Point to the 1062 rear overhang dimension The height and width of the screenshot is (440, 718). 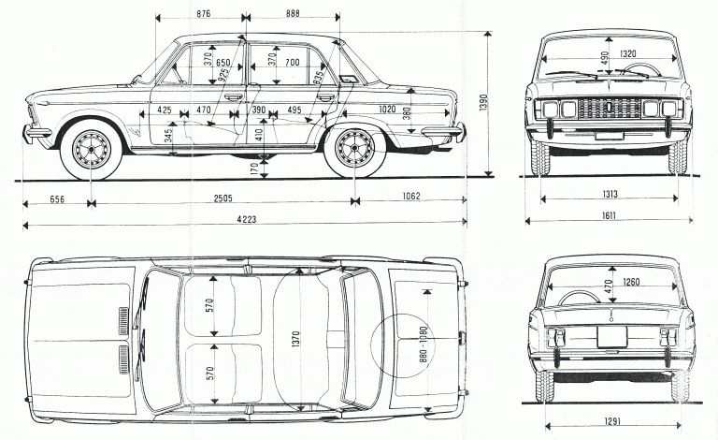(x=407, y=197)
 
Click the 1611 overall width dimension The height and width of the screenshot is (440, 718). (x=609, y=215)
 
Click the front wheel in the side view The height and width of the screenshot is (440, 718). (x=93, y=148)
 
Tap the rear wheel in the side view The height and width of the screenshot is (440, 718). (x=353, y=148)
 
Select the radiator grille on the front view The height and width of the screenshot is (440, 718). (x=609, y=109)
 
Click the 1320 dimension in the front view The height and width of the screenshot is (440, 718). (x=627, y=53)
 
